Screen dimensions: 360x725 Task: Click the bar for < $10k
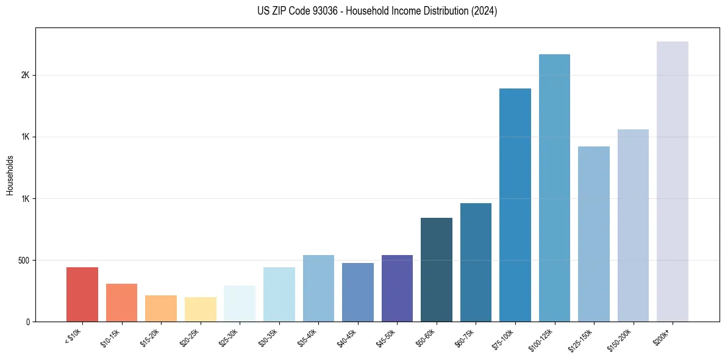coord(82,294)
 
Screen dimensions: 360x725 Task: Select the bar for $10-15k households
coord(121,303)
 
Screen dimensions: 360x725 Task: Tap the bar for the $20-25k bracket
coord(200,309)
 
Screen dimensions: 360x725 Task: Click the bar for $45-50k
coord(397,288)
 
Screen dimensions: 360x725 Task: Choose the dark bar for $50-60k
coord(437,270)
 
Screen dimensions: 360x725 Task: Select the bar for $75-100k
coord(515,205)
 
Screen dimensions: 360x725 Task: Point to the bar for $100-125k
coord(554,188)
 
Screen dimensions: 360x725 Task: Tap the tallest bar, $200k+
coord(673,181)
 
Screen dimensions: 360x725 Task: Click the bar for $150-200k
coord(633,225)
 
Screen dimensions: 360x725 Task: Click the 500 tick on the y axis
coord(23,261)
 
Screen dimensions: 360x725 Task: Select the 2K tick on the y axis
coord(25,76)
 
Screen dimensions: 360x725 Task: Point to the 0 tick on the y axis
coord(27,322)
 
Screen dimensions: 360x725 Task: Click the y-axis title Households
coord(10,175)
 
